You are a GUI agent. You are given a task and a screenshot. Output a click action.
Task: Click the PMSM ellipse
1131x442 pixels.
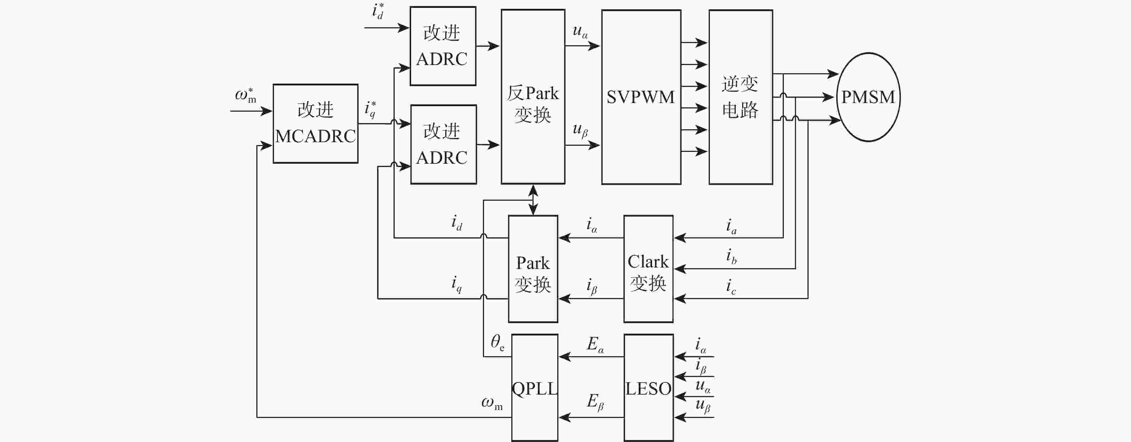[x=868, y=97]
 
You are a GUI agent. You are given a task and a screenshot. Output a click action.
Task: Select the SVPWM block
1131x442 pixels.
[x=641, y=97]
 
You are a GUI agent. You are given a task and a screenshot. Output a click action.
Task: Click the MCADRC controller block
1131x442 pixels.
[x=315, y=124]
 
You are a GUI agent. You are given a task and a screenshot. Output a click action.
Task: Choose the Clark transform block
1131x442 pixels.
[x=648, y=269]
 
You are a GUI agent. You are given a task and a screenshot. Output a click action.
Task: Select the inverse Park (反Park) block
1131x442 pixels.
[x=532, y=97]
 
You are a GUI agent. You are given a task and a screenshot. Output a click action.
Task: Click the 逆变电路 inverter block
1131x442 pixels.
[x=741, y=97]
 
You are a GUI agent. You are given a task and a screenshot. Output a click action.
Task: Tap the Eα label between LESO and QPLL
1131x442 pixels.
[x=595, y=344]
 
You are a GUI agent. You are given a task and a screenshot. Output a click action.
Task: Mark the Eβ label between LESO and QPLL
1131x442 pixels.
[x=595, y=402]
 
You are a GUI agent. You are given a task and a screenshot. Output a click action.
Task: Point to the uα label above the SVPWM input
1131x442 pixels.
[x=580, y=31]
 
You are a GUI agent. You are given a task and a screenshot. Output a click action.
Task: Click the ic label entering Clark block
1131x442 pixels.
[x=731, y=286]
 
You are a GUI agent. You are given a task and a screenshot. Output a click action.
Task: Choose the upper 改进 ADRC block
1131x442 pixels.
[x=443, y=46]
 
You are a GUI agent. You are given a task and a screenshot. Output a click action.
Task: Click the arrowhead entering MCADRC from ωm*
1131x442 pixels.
[x=267, y=111]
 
